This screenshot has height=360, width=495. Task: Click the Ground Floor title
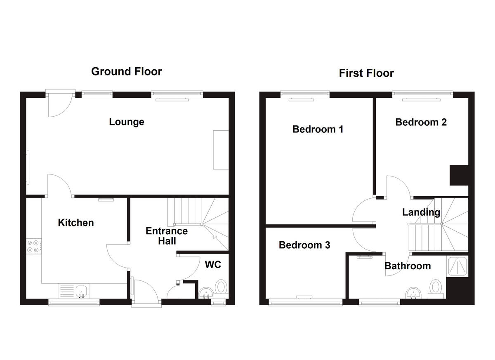pyautogui.click(x=126, y=71)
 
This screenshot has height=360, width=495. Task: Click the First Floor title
pyautogui.click(x=366, y=73)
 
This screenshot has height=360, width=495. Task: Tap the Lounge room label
pyautogui.click(x=127, y=122)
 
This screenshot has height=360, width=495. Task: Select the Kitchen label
pyautogui.click(x=76, y=223)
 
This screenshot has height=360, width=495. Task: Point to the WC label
pyautogui.click(x=213, y=264)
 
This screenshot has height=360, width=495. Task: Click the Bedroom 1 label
pyautogui.click(x=318, y=129)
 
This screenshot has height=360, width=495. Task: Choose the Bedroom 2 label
pyautogui.click(x=421, y=122)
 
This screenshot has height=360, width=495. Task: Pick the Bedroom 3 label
pyautogui.click(x=304, y=245)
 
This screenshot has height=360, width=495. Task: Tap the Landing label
pyautogui.click(x=421, y=212)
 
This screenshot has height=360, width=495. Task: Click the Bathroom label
pyautogui.click(x=408, y=266)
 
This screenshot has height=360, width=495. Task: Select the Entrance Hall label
pyautogui.click(x=167, y=236)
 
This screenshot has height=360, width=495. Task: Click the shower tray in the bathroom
pyautogui.click(x=458, y=266)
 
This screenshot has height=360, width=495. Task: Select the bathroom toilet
pyautogui.click(x=435, y=288)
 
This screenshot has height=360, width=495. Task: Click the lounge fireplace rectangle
pyautogui.click(x=221, y=150)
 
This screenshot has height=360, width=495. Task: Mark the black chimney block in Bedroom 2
pyautogui.click(x=459, y=176)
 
